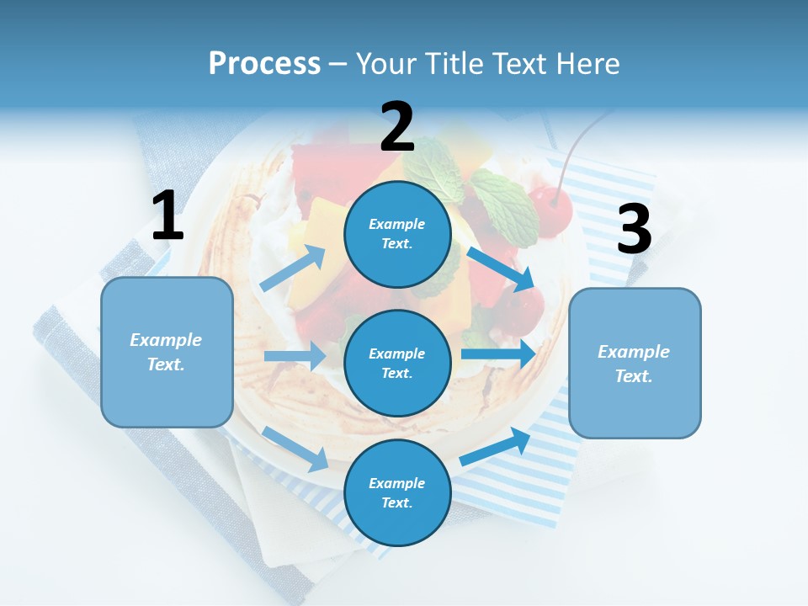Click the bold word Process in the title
tap(264, 63)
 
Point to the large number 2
tap(397, 127)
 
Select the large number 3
tap(634, 230)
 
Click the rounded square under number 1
tap(167, 352)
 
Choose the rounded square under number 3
tap(635, 363)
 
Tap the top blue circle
tap(397, 234)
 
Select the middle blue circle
tap(397, 363)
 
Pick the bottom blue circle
tap(397, 492)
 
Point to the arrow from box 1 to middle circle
tap(295, 356)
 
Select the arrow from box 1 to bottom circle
tap(295, 449)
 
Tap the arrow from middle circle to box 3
tap(498, 354)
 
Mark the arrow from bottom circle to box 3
tap(495, 447)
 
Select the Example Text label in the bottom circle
tap(397, 492)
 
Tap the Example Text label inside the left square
tap(167, 352)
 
